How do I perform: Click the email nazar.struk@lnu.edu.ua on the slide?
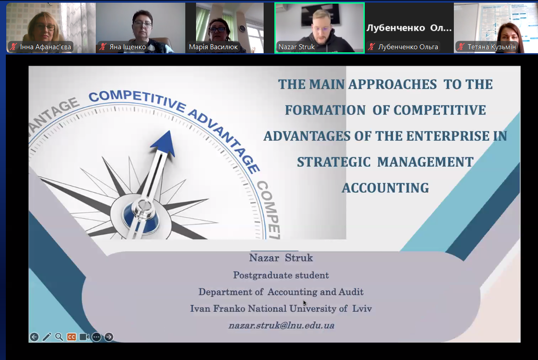(281, 325)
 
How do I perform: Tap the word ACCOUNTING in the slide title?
(385, 188)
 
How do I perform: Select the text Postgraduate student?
(281, 275)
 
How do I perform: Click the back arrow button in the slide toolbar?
(34, 337)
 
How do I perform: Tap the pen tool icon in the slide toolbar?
(47, 337)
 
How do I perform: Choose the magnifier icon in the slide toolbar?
(59, 337)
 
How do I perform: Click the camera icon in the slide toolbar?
(84, 337)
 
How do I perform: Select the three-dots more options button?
(97, 337)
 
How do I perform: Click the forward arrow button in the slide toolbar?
(109, 337)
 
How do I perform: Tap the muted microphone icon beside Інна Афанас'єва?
(13, 47)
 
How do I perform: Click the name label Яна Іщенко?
(128, 47)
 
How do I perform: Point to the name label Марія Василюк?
(213, 47)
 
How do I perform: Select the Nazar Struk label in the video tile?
(297, 47)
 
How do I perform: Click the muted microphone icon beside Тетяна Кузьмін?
(461, 47)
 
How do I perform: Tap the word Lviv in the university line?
(362, 309)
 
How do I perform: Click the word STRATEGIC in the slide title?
(334, 162)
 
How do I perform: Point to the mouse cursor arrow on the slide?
(305, 303)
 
